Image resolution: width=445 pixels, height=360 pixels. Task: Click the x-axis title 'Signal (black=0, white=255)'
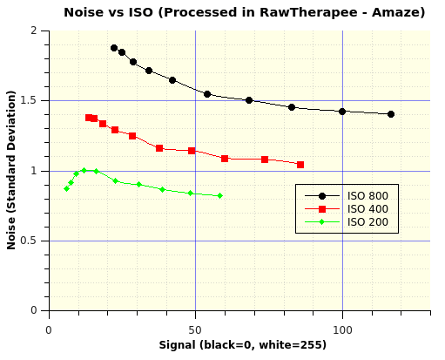pyautogui.click(x=243, y=345)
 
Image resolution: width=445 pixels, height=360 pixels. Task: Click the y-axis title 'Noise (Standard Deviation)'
pyautogui.click(x=11, y=174)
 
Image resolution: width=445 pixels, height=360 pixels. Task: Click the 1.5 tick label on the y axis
pyautogui.click(x=32, y=100)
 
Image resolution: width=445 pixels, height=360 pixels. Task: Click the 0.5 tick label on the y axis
pyautogui.click(x=32, y=241)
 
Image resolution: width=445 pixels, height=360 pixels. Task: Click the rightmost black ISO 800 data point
pyautogui.click(x=391, y=114)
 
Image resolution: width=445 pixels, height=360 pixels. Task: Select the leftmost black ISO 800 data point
pyautogui.click(x=114, y=48)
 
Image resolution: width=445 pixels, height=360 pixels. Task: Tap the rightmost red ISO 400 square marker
pyautogui.click(x=300, y=165)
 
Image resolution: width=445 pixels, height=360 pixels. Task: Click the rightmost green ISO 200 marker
pyautogui.click(x=219, y=196)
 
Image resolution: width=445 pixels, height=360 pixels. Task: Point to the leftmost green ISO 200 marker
pyautogui.click(x=66, y=188)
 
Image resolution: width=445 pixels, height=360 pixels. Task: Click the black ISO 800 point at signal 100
pyautogui.click(x=342, y=112)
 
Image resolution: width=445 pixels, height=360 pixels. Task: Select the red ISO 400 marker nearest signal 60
pyautogui.click(x=225, y=159)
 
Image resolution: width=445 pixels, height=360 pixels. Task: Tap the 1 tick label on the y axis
pyautogui.click(x=37, y=171)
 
